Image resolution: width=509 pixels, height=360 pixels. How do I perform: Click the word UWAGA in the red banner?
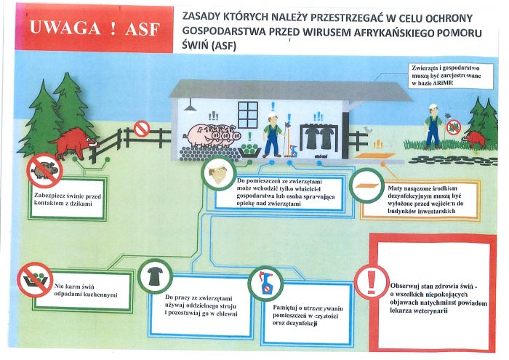[x=65, y=28]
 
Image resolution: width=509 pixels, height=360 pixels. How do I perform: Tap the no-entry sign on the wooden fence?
[x=142, y=129]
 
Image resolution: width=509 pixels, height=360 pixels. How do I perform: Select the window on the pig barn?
[x=248, y=114]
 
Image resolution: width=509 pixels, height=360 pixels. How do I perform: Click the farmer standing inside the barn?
[x=272, y=135]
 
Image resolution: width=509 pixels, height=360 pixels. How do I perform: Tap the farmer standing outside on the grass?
[x=433, y=127]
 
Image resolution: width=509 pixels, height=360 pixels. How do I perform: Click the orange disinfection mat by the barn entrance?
[x=374, y=156]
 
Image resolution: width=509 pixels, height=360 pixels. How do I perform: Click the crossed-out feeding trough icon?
[x=35, y=279]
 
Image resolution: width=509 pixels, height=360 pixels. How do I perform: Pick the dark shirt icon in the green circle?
[x=155, y=276]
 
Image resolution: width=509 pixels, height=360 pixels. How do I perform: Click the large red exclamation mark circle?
[x=372, y=281]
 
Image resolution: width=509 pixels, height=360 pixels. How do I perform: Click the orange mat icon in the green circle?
[x=366, y=185]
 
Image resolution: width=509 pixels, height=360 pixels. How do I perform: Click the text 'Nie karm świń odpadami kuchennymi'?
[x=86, y=290]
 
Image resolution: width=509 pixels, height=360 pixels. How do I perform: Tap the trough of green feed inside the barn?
[x=249, y=151]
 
